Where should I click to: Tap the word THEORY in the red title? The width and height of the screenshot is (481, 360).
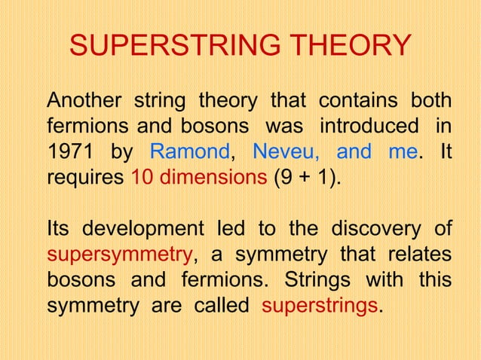point(351,47)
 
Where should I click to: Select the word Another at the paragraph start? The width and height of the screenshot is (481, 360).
point(82,100)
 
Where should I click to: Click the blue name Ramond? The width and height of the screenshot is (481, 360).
point(189,152)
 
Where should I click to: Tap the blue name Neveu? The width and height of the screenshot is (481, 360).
point(281,152)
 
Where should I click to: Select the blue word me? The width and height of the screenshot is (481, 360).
point(402,152)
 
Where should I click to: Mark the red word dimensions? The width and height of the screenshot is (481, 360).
point(209,178)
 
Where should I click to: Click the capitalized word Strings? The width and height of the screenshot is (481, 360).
point(317,279)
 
